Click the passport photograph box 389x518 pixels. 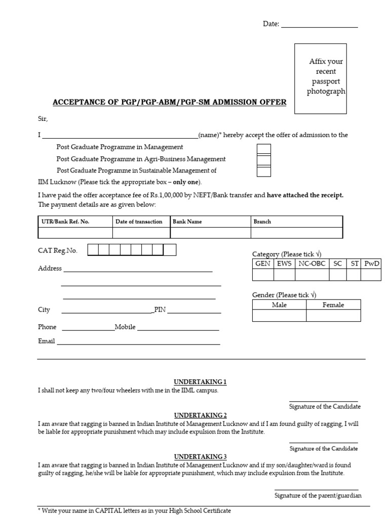pos(321,78)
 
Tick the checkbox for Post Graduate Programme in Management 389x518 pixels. pos(263,149)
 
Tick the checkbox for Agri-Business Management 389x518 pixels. pos(263,160)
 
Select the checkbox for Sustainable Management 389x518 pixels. pos(263,171)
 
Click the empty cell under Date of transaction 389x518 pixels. pos(141,233)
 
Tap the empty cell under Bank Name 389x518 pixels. pos(210,233)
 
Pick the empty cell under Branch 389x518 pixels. pos(296,233)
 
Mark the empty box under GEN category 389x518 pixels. pos(263,275)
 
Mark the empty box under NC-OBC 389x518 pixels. pos(312,275)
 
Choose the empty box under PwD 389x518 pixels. pos(371,275)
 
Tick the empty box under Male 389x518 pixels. pos(279,316)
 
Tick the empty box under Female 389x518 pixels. pos(333,316)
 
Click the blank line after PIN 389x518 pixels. pos(193,311)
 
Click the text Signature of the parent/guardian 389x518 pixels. pos(318,496)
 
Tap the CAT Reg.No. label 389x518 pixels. pos(58,250)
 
